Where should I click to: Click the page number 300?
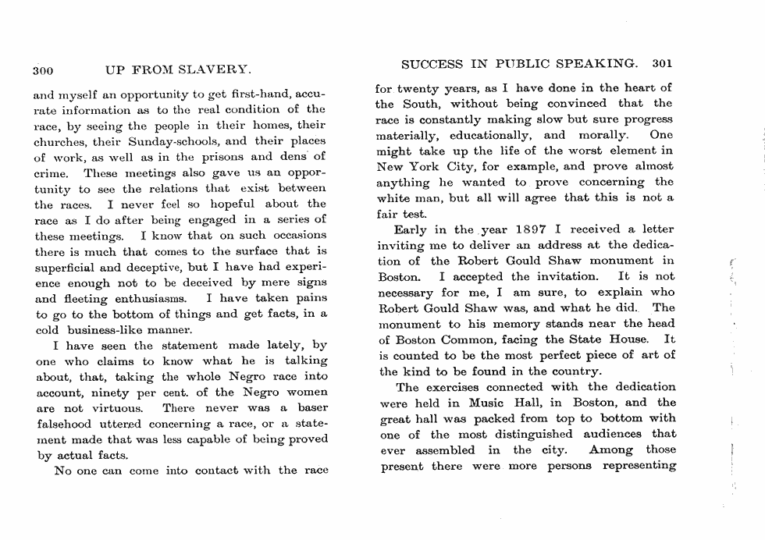point(42,69)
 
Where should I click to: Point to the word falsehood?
point(63,424)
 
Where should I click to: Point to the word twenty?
point(422,88)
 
